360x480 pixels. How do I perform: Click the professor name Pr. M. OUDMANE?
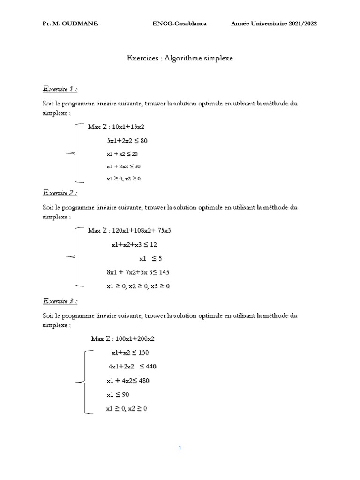tap(70, 24)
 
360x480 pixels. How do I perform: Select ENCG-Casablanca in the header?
tap(180, 24)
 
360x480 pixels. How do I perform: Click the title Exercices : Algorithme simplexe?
tap(180, 58)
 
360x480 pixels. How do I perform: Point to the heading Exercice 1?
tap(60, 89)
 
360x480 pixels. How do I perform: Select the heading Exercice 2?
tap(60, 193)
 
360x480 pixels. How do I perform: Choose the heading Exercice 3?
tap(60, 301)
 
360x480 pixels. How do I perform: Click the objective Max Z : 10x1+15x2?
tap(119, 127)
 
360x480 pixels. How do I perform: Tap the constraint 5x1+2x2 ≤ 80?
tap(127, 140)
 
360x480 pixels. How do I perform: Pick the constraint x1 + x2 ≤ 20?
tap(122, 154)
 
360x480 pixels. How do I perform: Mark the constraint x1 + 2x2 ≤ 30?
tap(124, 166)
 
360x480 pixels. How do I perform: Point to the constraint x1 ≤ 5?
tap(150, 258)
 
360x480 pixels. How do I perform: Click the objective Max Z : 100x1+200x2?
tap(123, 338)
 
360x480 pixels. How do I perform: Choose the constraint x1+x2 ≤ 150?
tap(130, 352)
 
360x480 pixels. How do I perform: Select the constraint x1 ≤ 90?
tap(118, 394)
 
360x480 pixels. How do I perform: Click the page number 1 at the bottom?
tap(180, 448)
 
